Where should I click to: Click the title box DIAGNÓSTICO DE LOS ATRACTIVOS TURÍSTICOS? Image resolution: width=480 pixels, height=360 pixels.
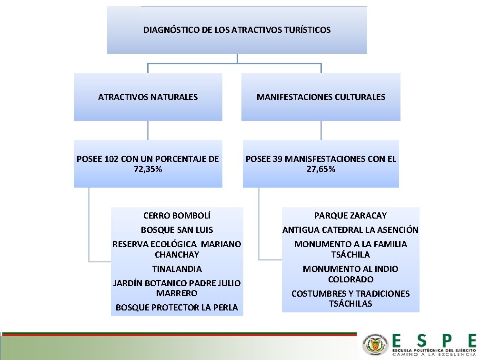237,30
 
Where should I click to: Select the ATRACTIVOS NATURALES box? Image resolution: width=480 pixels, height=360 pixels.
148,97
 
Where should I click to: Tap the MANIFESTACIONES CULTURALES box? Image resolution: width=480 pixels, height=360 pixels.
320,97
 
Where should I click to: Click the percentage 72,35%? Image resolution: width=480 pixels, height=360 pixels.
148,169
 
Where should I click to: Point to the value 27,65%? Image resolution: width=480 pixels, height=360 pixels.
320,169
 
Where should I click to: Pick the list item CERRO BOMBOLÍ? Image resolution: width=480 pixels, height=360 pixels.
177,216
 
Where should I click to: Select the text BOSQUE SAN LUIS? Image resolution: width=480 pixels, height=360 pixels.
177,230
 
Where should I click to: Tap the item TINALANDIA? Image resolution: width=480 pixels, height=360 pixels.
177,269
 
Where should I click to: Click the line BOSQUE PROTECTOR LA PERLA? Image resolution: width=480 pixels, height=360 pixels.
177,308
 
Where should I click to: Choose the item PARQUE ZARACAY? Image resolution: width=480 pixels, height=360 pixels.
350,216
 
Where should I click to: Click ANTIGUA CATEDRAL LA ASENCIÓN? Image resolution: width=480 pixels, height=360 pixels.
350,230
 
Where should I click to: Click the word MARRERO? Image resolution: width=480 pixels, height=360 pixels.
177,293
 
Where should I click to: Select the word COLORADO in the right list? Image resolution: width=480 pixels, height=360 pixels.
350,280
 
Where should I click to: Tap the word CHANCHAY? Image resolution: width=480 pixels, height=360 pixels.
177,255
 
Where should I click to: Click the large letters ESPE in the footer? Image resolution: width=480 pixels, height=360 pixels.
433,340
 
